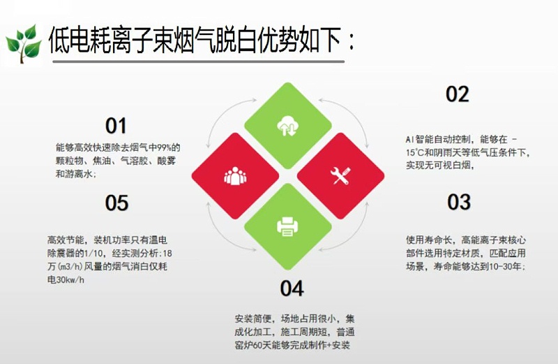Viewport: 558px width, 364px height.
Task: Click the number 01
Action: (116, 126)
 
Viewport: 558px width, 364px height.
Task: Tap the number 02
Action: (458, 94)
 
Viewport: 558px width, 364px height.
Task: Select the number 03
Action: (459, 203)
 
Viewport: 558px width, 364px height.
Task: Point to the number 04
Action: (292, 288)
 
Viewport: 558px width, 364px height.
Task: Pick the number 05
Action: (116, 203)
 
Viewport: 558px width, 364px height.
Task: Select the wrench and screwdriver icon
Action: (340, 176)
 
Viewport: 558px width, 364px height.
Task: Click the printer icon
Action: (287, 226)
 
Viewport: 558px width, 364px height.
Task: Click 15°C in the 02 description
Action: (416, 152)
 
